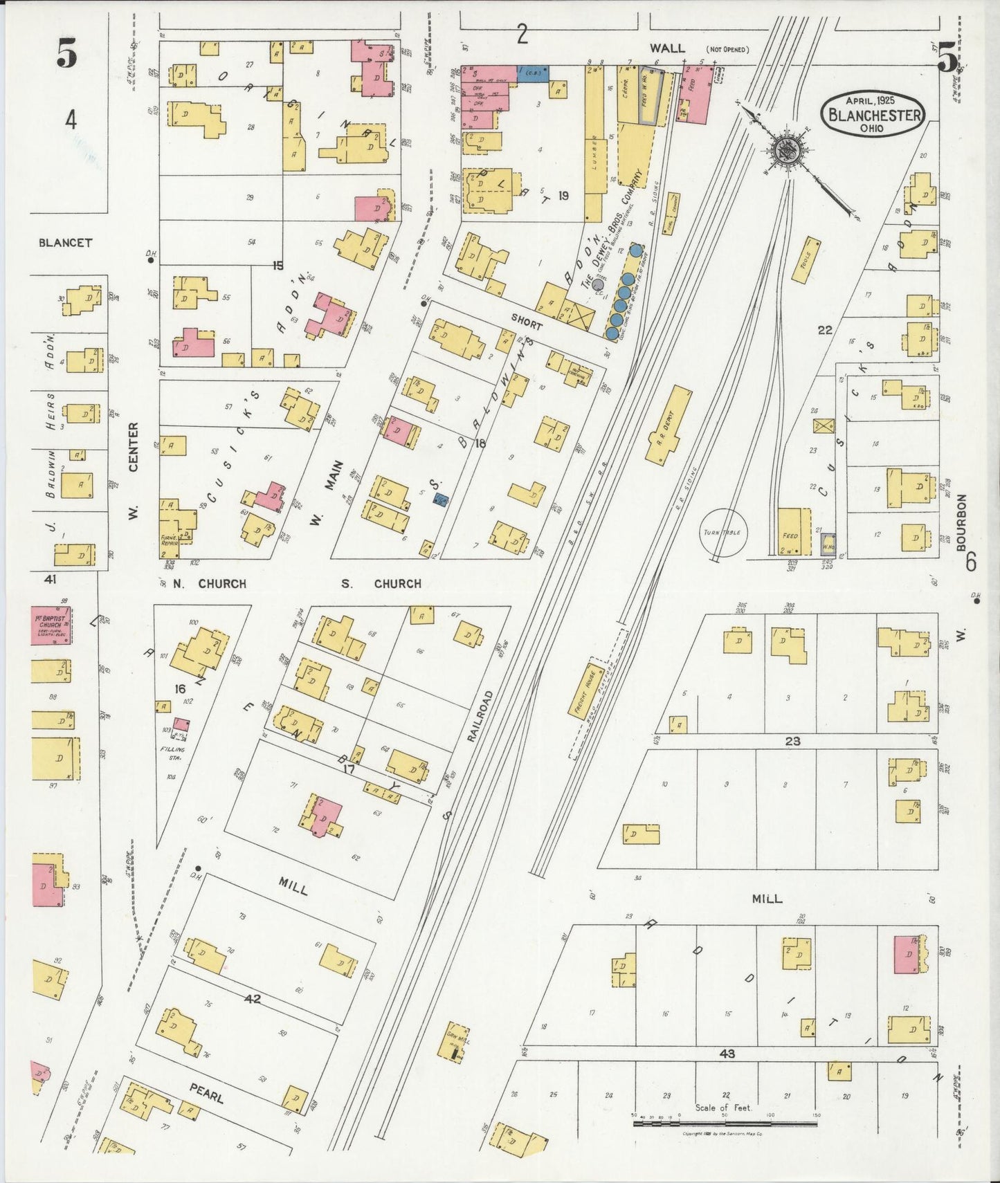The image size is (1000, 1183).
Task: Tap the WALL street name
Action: click(x=667, y=48)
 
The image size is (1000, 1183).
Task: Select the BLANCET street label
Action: click(x=65, y=243)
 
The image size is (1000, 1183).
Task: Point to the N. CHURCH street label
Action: click(x=209, y=583)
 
